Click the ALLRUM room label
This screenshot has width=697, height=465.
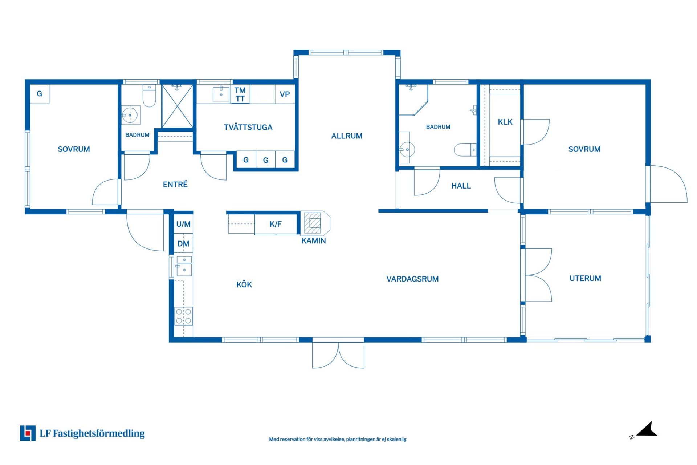pos(347,136)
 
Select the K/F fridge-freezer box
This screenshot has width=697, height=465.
pos(276,224)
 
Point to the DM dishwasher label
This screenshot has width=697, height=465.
pos(183,244)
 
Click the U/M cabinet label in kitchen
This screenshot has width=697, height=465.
pos(183,224)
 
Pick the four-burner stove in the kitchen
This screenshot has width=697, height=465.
pos(183,316)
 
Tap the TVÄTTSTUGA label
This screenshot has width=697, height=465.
pos(248,127)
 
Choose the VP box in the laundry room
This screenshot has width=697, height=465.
pos(285,94)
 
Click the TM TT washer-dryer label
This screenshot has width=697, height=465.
pos(240,94)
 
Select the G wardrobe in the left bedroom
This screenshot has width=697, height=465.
pos(40,94)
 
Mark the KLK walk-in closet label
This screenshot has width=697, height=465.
pos(505,122)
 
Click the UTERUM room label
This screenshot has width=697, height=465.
pos(585,278)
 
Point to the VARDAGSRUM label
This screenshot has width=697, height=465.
pos(412,279)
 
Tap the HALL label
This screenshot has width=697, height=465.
pos(461,186)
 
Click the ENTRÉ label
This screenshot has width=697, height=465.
pos(175,184)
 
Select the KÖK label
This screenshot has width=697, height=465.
pos(244,284)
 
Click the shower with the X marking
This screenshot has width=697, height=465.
pos(177,106)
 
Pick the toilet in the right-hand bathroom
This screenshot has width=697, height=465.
pos(465,150)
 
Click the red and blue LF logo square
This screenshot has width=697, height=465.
pos(28,433)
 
